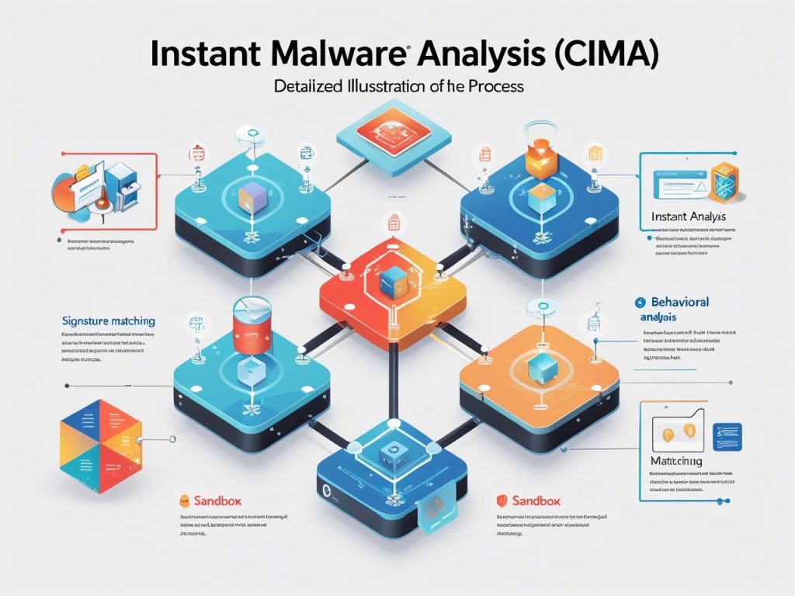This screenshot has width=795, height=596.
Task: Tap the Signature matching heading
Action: (x=107, y=320)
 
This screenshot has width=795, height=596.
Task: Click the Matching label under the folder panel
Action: (x=675, y=461)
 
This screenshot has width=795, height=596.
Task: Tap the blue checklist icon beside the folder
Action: (x=727, y=434)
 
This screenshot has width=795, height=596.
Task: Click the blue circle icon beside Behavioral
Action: (x=641, y=301)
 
